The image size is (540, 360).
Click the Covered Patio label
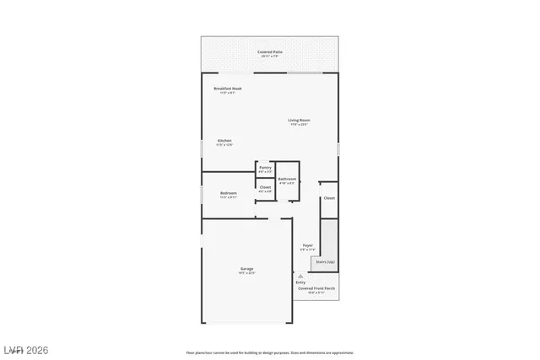pos(269,52)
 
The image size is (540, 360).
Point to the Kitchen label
pos(224,140)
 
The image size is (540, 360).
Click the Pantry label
pos(265,168)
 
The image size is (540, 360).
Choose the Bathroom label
pos(287,178)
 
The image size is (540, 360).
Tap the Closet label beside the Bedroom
pos(265,187)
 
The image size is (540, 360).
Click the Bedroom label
pos(229,193)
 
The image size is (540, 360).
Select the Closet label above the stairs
pos(329,198)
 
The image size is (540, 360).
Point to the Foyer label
pos(308,245)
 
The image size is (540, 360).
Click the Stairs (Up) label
pos(325,262)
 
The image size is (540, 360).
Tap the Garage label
pos(246,269)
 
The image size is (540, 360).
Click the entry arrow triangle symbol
pos(300,275)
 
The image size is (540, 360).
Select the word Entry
pos(300,282)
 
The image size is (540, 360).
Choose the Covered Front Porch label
pos(316,287)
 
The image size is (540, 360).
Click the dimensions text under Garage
pos(246,273)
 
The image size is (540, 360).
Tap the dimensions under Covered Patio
pos(269,56)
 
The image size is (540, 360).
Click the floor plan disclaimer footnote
pos(269,352)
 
